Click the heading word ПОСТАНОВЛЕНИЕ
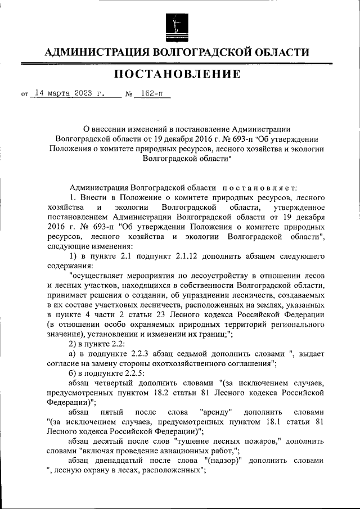coord(179,74)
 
